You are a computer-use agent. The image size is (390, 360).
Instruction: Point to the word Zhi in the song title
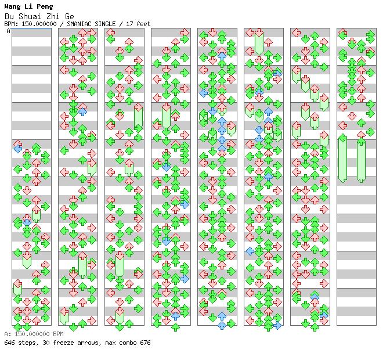pyautogui.click(x=53, y=16)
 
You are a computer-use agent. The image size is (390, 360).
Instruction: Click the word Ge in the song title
pyautogui.click(x=70, y=16)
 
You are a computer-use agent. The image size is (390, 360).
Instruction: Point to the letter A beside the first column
pyautogui.click(x=9, y=31)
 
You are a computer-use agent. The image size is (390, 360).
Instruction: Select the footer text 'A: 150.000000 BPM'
pyautogui.click(x=34, y=334)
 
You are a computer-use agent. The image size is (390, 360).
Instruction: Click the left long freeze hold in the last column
pyautogui.click(x=342, y=159)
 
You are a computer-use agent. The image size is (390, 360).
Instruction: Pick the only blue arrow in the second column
pyautogui.click(x=82, y=111)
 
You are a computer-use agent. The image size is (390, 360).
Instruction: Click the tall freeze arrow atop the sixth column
pyautogui.click(x=259, y=42)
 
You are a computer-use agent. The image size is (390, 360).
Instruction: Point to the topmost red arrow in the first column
pyautogui.click(x=17, y=143)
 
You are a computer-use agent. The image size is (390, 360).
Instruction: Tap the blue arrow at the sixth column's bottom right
pyautogui.click(x=277, y=325)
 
